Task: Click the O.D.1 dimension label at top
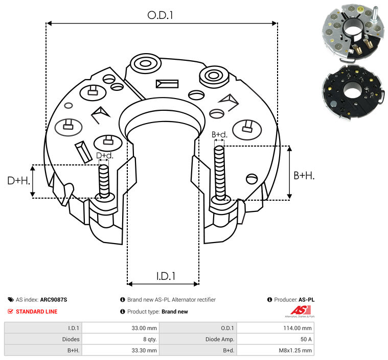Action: (161, 15)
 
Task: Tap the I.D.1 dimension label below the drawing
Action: (166, 276)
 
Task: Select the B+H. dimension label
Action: (304, 176)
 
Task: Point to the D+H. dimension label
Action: (18, 181)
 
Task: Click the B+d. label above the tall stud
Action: (219, 135)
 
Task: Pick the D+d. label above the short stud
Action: (104, 155)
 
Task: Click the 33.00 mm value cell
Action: (145, 328)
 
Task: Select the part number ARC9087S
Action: (54, 300)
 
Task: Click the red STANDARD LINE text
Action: (36, 311)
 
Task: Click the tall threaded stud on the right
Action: (220, 173)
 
